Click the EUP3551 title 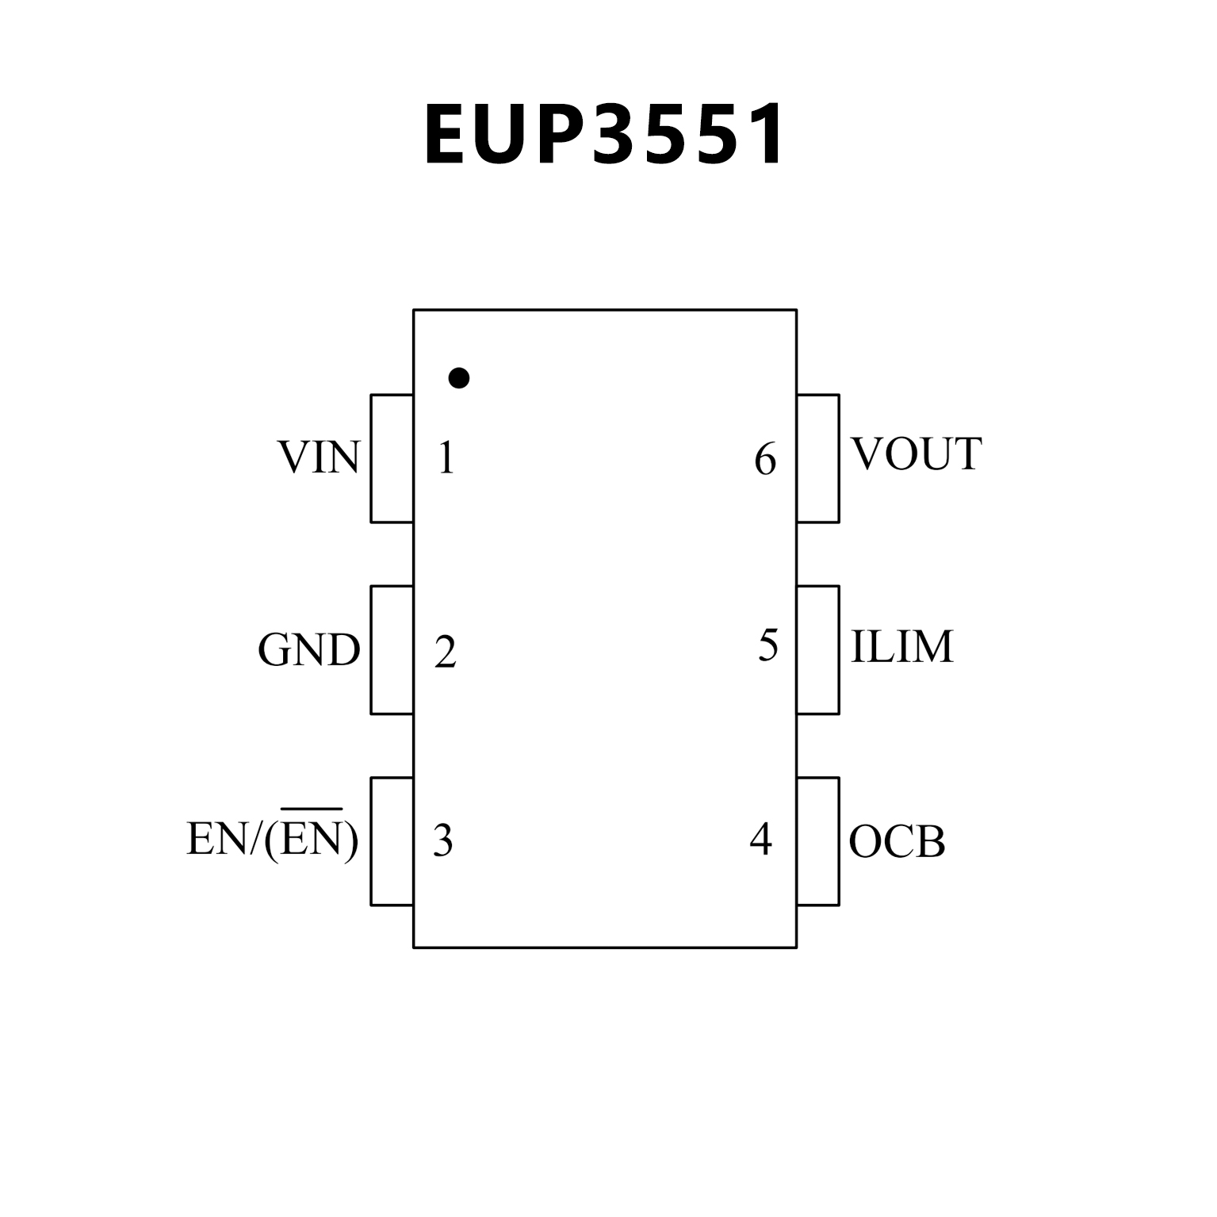pos(604,135)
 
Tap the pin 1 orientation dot pos(458,378)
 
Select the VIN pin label pos(319,458)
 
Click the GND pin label pos(309,651)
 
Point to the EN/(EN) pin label pos(272,838)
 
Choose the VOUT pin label pos(916,454)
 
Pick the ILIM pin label pos(901,647)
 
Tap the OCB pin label pos(897,842)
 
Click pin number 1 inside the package pos(446,458)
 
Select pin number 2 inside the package pos(446,653)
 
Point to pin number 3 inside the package pos(443,840)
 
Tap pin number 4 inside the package pos(761,839)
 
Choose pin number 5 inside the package pos(767,645)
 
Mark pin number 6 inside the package pos(765,460)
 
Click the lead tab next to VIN pos(392,458)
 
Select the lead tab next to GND pos(392,650)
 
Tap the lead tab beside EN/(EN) pos(392,841)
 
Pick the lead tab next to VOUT pos(817,458)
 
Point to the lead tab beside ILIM pos(817,650)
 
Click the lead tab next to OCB pos(817,841)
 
